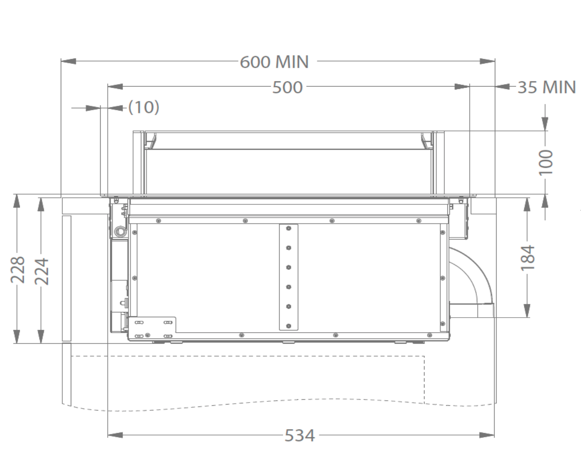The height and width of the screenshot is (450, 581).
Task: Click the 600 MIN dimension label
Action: pos(274,62)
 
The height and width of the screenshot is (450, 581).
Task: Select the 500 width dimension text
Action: pos(287,87)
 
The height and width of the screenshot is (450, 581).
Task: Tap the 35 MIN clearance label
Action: pos(546,87)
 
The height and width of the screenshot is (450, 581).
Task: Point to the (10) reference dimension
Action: pos(144,107)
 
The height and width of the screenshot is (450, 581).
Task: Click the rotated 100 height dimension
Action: pos(546,162)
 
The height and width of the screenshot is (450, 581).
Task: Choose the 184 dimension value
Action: pos(527,257)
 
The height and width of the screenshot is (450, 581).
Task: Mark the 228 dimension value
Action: pos(18,269)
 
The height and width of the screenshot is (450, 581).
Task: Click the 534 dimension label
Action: pos(299,436)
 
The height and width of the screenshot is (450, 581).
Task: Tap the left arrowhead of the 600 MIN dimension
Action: pos(68,61)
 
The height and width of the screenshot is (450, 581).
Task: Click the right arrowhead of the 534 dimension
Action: pos(487,435)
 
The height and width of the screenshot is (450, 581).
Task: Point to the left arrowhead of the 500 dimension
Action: pos(115,87)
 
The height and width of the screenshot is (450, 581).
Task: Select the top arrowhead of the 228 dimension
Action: pos(16,201)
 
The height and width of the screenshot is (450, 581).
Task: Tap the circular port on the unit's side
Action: pos(119,231)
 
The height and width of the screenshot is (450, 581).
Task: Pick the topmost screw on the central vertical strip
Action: pos(288,229)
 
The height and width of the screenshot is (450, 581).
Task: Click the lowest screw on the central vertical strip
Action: pos(288,326)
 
